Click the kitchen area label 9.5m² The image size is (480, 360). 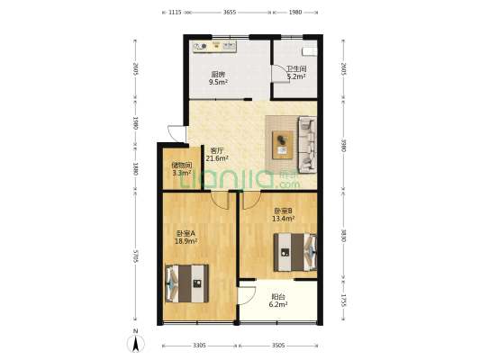pyautogui.click(x=218, y=82)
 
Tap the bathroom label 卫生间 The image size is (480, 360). pyautogui.click(x=296, y=69)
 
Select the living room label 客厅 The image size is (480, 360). pyautogui.click(x=217, y=150)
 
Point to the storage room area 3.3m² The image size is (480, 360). pyautogui.click(x=182, y=173)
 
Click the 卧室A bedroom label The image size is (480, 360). pyautogui.click(x=186, y=233)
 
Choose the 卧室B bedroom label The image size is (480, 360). pyautogui.click(x=283, y=211)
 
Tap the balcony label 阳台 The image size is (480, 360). pyautogui.click(x=278, y=297)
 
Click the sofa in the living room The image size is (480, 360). pyautogui.click(x=308, y=144)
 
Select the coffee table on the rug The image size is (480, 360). pyautogui.click(x=283, y=145)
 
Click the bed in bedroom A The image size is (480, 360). pyautogui.click(x=186, y=283)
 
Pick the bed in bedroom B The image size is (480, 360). pyautogui.click(x=294, y=252)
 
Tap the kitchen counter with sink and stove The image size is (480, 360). pyautogui.click(x=214, y=47)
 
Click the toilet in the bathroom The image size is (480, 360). pyautogui.click(x=309, y=51)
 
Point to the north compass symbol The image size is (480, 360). pyautogui.click(x=136, y=342)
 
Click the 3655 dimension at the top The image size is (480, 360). pyautogui.click(x=230, y=13)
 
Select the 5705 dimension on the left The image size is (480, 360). pyautogui.click(x=136, y=256)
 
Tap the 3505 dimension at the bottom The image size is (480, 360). pyautogui.click(x=278, y=346)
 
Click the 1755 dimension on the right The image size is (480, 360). pyautogui.click(x=343, y=301)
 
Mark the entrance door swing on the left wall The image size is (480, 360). pyautogui.click(x=177, y=134)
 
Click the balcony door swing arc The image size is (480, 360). pyautogui.click(x=248, y=296)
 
